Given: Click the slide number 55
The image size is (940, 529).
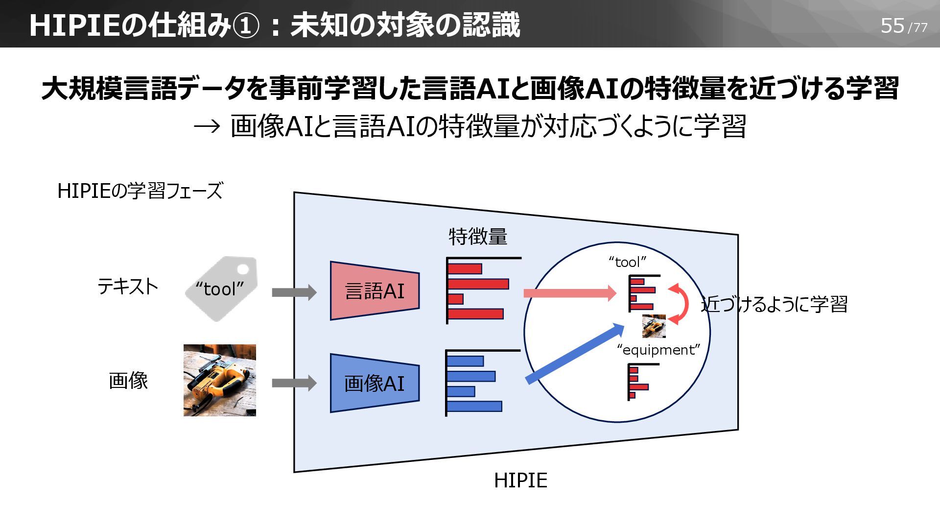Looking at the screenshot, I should pos(892,25).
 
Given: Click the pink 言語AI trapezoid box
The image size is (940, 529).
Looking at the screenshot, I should pos(375,291).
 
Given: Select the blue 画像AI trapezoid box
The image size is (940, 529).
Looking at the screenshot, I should pos(375,383).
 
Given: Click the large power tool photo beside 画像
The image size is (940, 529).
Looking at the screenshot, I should pos(220,380).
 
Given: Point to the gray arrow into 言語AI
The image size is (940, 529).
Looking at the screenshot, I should pos(294,292).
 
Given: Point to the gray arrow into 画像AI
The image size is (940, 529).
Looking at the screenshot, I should pos(294,383).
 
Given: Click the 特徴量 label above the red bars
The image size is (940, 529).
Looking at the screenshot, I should pos(478,237).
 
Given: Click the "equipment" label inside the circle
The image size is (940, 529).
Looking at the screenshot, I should pos(658,350).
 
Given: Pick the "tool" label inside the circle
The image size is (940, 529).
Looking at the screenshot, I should pos(628,262).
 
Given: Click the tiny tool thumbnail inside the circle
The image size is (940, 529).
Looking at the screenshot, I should pos(654,326).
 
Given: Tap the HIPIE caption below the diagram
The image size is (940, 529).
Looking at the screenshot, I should pos(520,480).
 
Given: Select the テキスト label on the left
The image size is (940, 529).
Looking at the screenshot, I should pos(128,286).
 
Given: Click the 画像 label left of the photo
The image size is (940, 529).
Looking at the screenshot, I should pos(128,381).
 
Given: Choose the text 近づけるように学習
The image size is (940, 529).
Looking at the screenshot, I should pos(775,304).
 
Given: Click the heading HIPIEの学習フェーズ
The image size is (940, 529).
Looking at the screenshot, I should pos(140,191).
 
